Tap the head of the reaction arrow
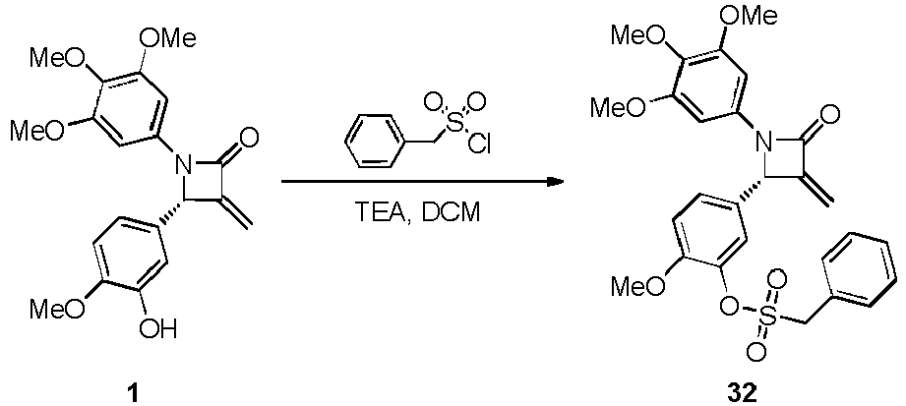click(x=555, y=182)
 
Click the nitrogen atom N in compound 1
click(x=184, y=166)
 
